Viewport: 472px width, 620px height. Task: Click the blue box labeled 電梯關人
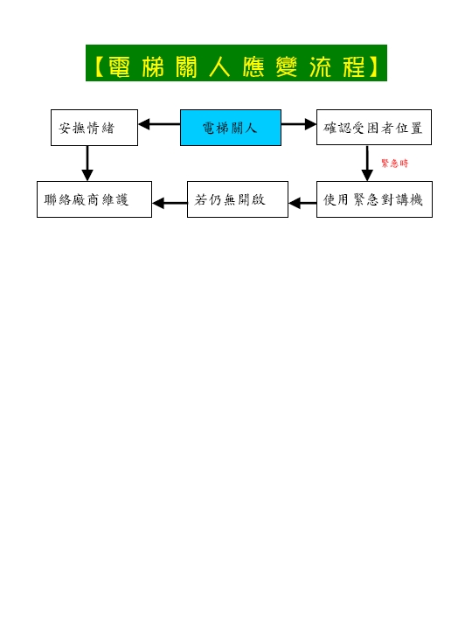point(231,128)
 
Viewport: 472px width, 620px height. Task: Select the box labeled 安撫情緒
point(94,128)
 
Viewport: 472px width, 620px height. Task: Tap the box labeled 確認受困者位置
point(373,128)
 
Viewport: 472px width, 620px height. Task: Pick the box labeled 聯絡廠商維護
point(94,199)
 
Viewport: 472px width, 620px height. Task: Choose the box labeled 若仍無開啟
point(237,199)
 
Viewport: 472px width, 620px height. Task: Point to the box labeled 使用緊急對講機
point(374,199)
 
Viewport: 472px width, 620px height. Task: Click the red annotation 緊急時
point(394,164)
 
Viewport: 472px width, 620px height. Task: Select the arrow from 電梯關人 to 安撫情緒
point(159,124)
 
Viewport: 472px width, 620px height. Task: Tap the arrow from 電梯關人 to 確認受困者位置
point(298,124)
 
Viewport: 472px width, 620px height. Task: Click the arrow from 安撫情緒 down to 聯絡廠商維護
point(87,164)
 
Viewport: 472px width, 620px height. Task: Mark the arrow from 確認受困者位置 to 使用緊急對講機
point(367,163)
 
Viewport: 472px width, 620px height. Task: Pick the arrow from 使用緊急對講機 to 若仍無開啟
point(302,203)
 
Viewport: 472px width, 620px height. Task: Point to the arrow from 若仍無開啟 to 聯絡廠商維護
point(170,203)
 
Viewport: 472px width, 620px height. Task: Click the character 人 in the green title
point(219,66)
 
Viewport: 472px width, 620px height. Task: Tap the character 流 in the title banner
point(320,66)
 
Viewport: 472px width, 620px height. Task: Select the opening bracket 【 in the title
point(100,66)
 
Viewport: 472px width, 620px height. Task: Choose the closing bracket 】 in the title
point(373,66)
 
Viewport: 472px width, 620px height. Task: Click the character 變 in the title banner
point(287,66)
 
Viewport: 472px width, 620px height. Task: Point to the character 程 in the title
point(354,66)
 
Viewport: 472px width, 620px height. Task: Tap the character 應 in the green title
point(253,66)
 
